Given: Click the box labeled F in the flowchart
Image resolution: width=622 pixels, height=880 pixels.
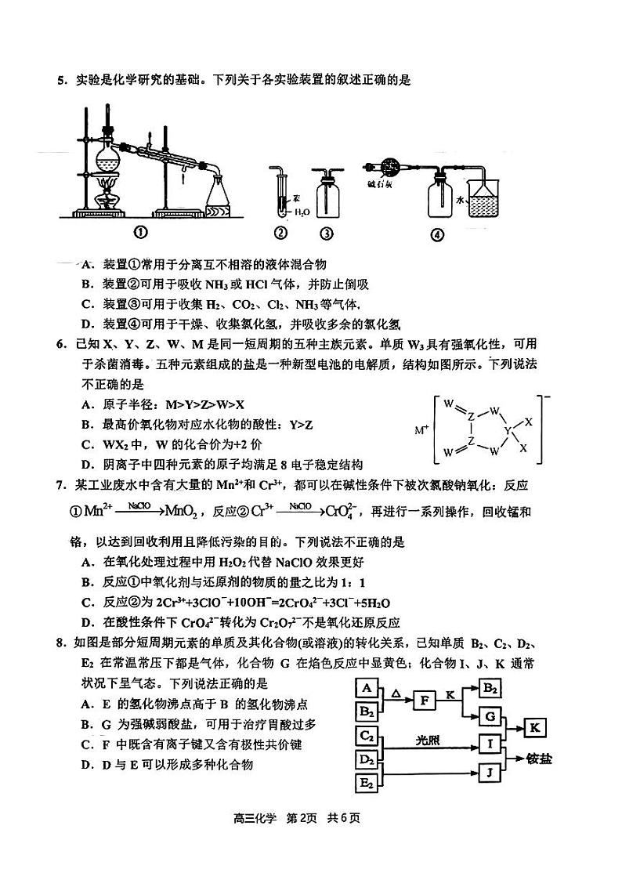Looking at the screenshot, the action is (x=423, y=700).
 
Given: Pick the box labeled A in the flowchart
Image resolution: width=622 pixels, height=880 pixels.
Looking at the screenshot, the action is (x=367, y=688).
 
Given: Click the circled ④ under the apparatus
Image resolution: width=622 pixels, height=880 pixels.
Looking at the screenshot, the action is (x=438, y=234).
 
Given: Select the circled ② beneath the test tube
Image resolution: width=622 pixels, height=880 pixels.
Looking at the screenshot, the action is (x=280, y=232).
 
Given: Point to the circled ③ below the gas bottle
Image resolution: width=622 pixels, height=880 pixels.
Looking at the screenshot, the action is (x=327, y=232).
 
